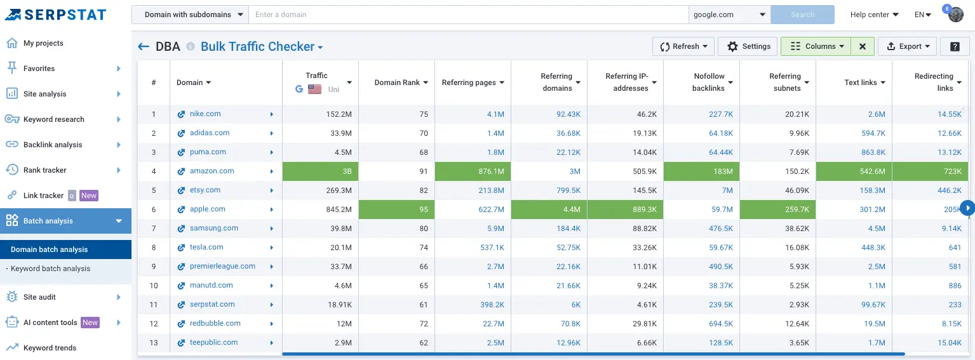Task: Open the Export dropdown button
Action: (908, 46)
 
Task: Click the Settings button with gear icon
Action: (749, 46)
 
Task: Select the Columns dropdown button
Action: (816, 46)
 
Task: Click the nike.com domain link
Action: (205, 114)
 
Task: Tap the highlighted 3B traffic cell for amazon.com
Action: (320, 171)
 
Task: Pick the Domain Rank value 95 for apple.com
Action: (396, 210)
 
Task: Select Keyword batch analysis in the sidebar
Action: (50, 269)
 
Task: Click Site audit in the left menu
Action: (39, 297)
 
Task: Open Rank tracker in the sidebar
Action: (44, 170)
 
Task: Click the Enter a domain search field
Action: (467, 15)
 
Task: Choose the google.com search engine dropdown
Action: (729, 15)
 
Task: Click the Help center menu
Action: (874, 15)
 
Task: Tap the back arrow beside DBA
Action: (144, 46)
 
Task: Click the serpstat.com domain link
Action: (212, 304)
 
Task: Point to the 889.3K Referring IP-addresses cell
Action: (625, 210)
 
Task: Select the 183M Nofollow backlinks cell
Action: (701, 171)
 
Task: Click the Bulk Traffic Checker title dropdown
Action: (262, 46)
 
